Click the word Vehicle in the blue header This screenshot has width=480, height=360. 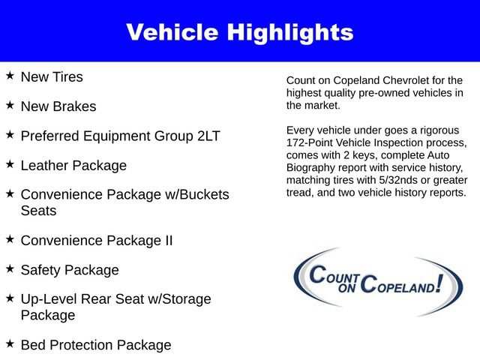click(x=170, y=32)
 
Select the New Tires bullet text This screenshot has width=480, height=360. click(x=52, y=77)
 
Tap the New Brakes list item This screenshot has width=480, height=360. click(x=58, y=106)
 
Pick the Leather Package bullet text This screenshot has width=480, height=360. click(x=73, y=165)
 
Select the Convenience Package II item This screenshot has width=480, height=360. click(x=97, y=241)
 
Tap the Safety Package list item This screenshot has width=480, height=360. click(x=70, y=270)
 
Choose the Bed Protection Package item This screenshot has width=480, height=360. click(x=96, y=345)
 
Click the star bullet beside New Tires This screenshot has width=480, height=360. click(x=10, y=76)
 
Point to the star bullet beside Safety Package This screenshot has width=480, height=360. click(x=10, y=268)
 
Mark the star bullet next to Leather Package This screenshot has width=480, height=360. click(x=10, y=163)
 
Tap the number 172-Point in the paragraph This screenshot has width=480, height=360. click(x=310, y=142)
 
